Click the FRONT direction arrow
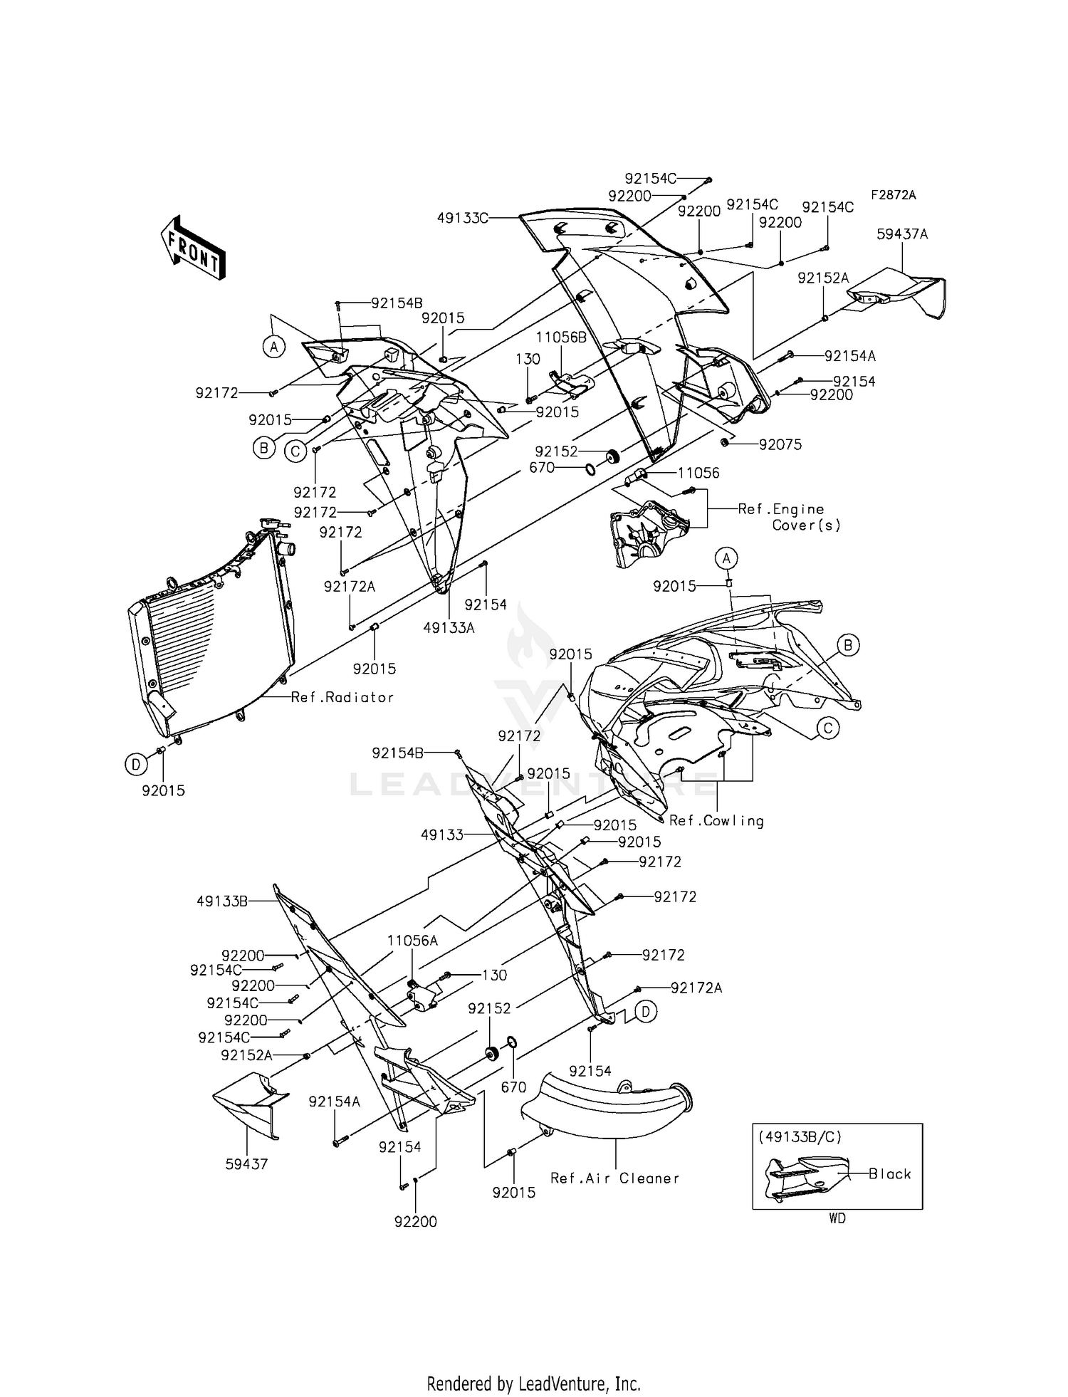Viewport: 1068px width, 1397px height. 192,248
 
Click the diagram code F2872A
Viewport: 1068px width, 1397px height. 892,195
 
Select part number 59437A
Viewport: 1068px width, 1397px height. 902,234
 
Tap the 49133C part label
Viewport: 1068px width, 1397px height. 462,218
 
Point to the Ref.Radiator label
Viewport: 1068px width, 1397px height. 342,697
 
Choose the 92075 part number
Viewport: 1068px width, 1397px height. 780,445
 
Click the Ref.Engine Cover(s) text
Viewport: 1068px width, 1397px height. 790,517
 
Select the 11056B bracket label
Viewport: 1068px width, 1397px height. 561,338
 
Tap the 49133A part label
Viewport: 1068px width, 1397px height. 449,628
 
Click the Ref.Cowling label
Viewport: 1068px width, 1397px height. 716,821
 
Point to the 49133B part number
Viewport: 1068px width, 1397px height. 222,901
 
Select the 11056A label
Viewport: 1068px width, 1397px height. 412,941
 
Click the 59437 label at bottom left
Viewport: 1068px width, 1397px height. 246,1164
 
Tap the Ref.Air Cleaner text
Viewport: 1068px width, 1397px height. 614,1178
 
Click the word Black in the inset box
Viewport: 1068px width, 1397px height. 889,1174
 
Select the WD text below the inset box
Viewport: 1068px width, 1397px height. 837,1218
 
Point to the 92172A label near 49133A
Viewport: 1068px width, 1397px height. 349,587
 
